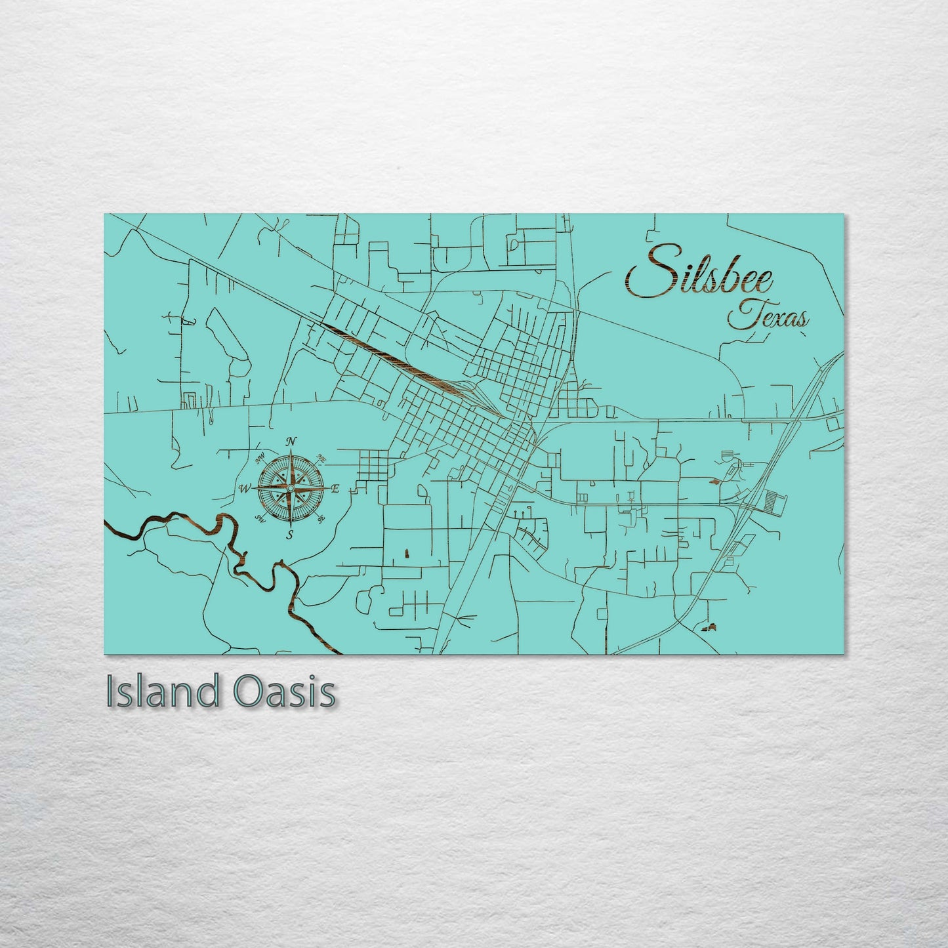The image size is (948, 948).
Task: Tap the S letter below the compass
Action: click(289, 535)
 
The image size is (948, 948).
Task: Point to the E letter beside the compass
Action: click(335, 488)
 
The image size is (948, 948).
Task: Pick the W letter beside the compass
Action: click(245, 488)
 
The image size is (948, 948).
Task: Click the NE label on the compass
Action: click(321, 457)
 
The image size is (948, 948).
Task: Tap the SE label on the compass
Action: click(321, 519)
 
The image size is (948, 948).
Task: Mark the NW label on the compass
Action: click(260, 457)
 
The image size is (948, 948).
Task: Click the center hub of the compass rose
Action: click(290, 487)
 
